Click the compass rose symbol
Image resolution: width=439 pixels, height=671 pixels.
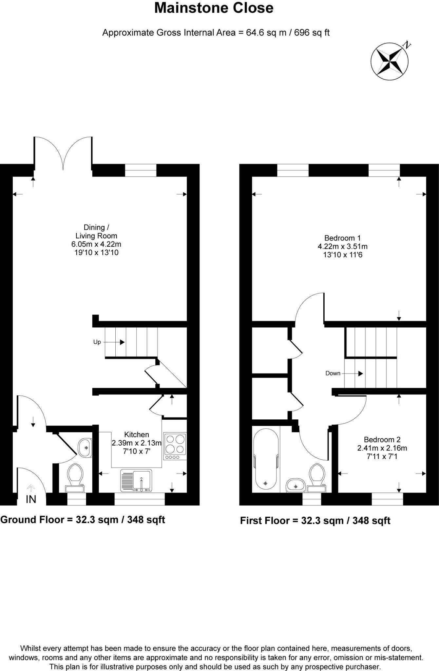(390, 61)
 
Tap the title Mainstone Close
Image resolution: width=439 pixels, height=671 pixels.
(214, 8)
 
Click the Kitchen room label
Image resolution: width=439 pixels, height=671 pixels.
(137, 434)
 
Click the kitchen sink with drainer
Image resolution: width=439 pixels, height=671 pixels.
(136, 480)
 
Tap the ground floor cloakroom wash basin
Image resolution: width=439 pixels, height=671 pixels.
(85, 447)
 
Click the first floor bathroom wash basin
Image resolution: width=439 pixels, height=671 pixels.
(296, 485)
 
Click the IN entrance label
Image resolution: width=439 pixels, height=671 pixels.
(31, 499)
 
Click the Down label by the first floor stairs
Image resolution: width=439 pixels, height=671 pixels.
(333, 373)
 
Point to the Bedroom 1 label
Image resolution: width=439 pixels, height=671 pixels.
(342, 238)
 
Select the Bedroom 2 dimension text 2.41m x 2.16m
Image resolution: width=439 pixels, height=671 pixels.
(382, 448)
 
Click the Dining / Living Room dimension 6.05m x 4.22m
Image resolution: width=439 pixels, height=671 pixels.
(96, 244)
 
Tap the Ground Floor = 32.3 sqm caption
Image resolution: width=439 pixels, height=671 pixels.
(83, 520)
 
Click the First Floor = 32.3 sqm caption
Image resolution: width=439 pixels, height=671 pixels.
(315, 521)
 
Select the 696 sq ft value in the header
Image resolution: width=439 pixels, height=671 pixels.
(312, 32)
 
